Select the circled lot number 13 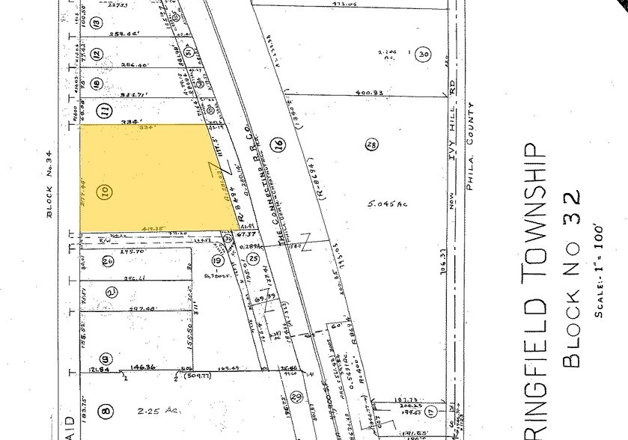97,23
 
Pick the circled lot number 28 370,144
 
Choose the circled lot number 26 108,261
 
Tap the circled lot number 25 254,260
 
